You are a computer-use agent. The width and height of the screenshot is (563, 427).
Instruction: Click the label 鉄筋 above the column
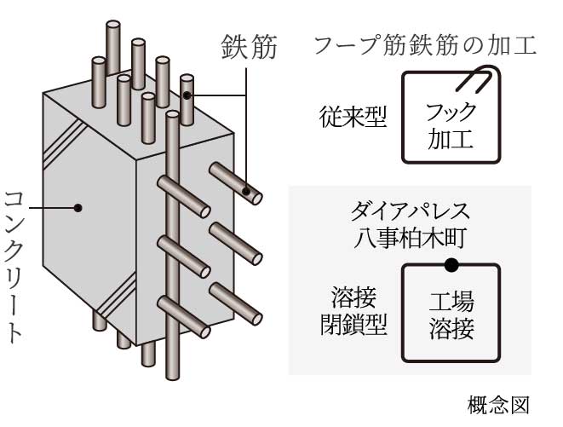[x=248, y=46]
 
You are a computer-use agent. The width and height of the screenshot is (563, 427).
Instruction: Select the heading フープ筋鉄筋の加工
[x=426, y=44]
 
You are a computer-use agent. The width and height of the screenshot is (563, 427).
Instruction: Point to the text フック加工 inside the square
[x=450, y=124]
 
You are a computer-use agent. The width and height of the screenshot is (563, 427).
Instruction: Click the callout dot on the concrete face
[x=78, y=205]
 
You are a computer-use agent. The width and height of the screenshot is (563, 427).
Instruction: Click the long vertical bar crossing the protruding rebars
[x=173, y=247]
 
